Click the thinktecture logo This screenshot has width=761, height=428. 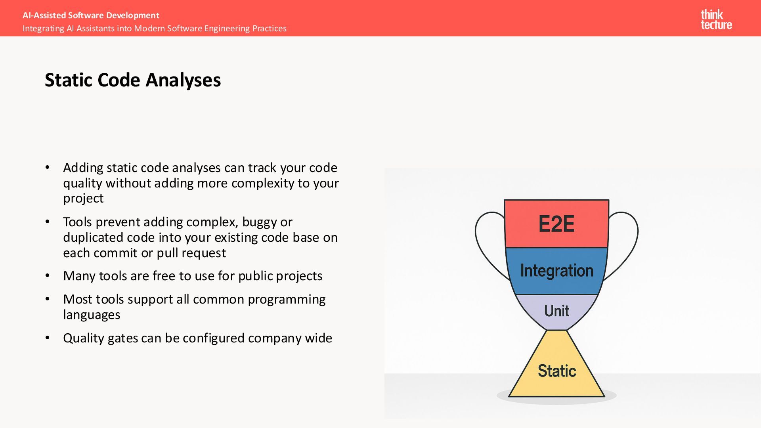coord(716,19)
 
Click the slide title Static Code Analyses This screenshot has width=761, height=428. coord(133,80)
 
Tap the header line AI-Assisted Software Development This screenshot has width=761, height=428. coord(91,15)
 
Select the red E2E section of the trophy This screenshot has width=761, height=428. coord(556,224)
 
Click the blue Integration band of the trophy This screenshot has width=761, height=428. coord(556,271)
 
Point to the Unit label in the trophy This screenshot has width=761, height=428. coord(556,311)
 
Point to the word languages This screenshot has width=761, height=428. coord(92,315)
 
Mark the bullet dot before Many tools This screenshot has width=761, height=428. coord(48,276)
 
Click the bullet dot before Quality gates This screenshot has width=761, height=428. coord(48,338)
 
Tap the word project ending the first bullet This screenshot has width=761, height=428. coord(83,199)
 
